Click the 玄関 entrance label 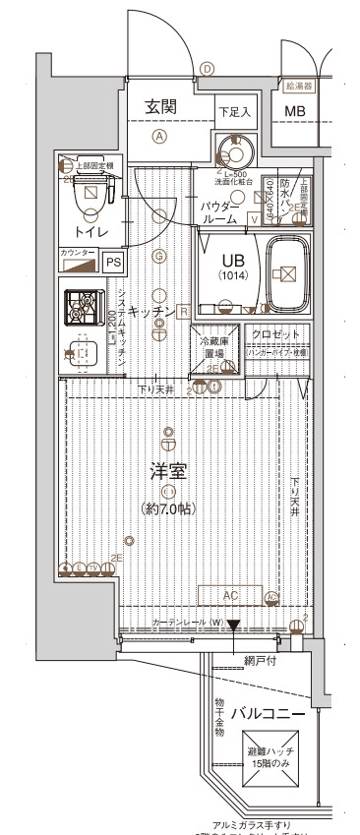[160, 107]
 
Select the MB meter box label [295, 113]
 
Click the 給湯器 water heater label [298, 87]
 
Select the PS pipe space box [114, 262]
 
